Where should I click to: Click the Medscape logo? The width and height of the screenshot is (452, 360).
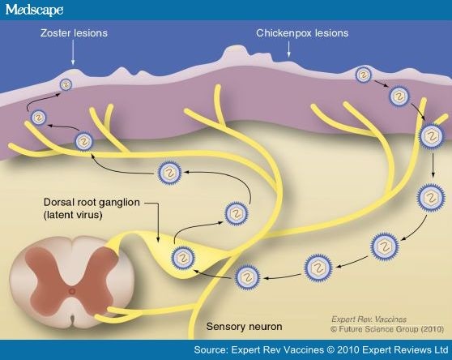[34, 10]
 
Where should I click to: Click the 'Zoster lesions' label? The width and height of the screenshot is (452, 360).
[74, 33]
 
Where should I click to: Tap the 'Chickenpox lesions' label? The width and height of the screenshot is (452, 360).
[302, 33]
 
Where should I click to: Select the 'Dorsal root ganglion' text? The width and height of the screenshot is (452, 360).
[92, 202]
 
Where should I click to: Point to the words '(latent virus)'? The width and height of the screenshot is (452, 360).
[73, 215]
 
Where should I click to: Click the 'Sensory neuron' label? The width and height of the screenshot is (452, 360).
[244, 327]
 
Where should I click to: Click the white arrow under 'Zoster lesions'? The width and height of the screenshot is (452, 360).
[73, 53]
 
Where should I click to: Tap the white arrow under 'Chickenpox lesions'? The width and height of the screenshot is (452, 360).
[288, 49]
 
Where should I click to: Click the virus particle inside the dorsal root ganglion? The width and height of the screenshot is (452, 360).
[183, 258]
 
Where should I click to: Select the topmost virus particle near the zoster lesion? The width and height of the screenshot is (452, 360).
[66, 85]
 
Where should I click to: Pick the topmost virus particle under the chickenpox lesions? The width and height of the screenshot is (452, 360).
[364, 75]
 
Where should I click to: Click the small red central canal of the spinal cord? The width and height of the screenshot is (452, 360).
[71, 291]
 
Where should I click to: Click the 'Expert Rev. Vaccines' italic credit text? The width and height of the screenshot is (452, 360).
[369, 319]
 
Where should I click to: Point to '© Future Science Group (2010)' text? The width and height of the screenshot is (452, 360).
[387, 329]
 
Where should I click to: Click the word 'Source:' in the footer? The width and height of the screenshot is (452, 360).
[211, 350]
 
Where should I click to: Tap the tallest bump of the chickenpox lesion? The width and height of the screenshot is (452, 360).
[235, 51]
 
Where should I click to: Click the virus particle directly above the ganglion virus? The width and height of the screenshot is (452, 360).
[237, 214]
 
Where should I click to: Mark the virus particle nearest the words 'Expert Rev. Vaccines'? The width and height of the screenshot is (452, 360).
[385, 246]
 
